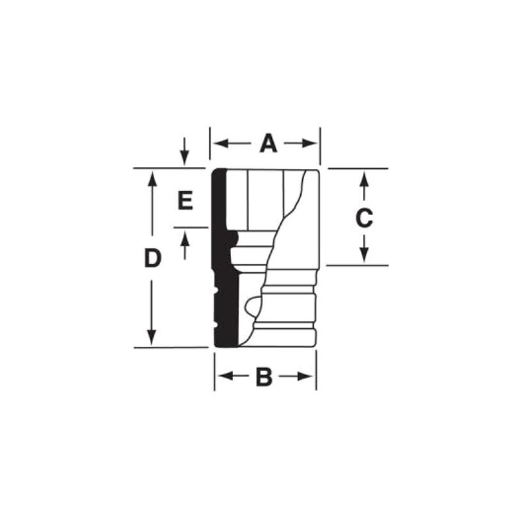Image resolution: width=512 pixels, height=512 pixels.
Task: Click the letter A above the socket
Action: (268, 143)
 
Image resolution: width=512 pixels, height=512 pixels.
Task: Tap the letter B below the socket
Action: (264, 378)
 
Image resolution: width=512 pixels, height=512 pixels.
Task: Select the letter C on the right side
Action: (364, 219)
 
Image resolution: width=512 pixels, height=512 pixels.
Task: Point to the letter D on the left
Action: (152, 259)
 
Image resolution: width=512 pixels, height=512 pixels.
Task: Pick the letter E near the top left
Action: (185, 202)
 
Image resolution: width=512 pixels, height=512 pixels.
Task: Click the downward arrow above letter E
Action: (184, 157)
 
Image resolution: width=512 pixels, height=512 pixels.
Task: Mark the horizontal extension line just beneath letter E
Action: (191, 227)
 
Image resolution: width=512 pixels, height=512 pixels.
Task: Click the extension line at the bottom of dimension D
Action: (170, 348)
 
